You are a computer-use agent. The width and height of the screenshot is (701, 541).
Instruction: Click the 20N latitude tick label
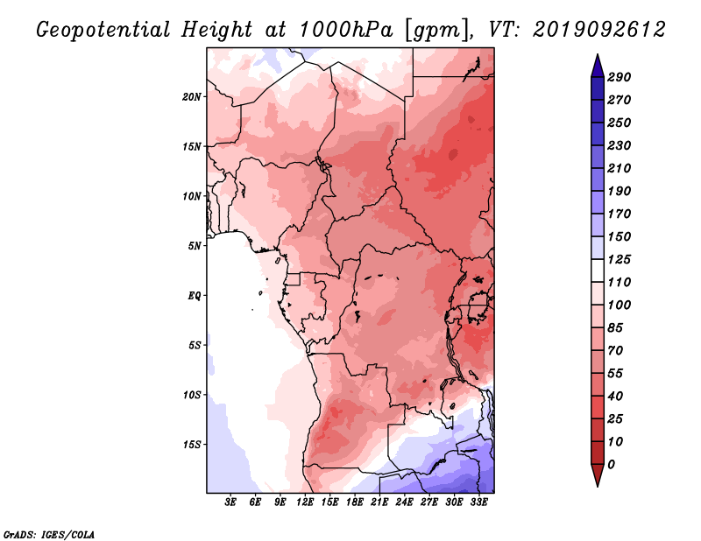point(191,96)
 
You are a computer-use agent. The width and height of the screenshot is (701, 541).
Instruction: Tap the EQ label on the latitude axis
point(194,296)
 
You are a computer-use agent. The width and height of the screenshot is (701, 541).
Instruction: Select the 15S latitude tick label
point(192,445)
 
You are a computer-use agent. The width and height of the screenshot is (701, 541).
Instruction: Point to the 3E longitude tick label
point(230,502)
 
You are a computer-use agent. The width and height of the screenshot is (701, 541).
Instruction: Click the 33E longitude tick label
point(478,502)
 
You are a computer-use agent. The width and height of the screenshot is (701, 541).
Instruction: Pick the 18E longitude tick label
point(355,502)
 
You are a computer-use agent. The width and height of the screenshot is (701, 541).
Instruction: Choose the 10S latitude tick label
point(192,395)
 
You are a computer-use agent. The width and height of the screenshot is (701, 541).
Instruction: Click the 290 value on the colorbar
point(619,77)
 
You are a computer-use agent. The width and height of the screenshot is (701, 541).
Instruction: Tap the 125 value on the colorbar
point(619,259)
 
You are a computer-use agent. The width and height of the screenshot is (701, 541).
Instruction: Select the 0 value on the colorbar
point(611,465)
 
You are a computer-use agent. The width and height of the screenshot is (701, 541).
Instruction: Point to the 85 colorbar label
point(615,328)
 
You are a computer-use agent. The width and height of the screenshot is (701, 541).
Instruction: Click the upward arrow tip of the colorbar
point(598,54)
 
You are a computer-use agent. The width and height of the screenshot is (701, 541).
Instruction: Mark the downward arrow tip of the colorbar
point(598,486)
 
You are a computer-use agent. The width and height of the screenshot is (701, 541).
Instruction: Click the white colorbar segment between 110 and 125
point(598,270)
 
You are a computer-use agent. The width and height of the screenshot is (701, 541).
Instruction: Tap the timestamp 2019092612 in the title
point(599,30)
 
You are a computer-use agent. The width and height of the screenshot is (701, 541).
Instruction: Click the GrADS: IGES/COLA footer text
point(49,535)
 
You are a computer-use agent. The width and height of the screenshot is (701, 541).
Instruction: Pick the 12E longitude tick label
point(305,502)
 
